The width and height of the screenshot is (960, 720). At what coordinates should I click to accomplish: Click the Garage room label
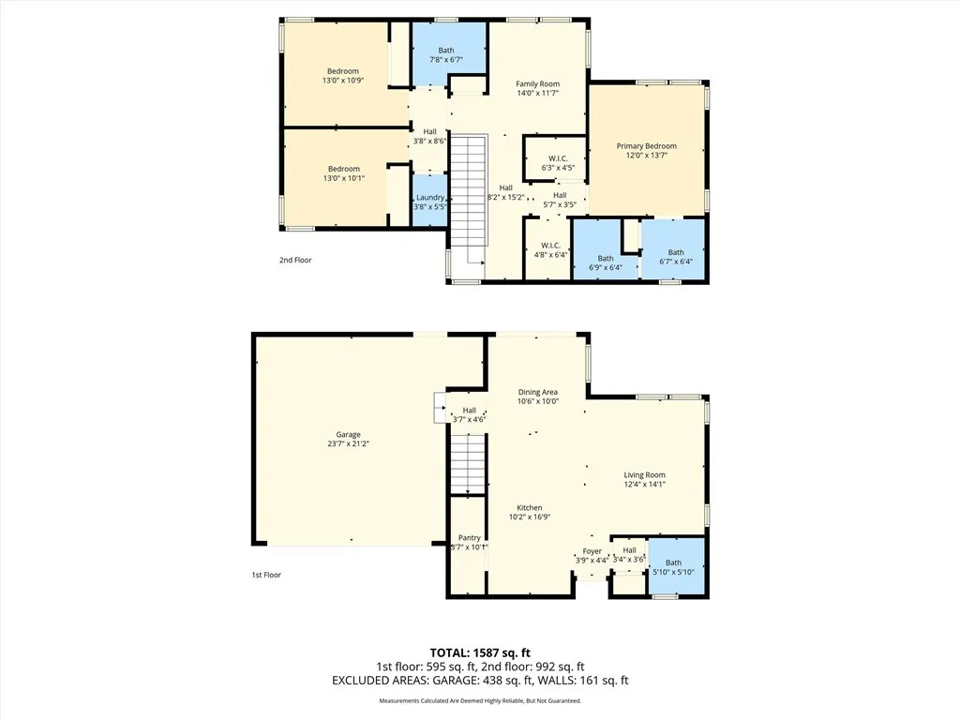coord(349,435)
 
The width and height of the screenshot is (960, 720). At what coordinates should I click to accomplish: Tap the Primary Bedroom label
coord(646,146)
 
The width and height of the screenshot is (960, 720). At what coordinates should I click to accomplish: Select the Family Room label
coord(537,83)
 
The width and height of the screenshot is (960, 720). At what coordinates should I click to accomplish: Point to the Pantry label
coord(469,538)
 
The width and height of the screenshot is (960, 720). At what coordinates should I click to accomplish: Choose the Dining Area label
coord(538,392)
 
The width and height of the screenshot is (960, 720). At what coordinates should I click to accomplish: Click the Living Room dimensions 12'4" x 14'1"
coord(644,485)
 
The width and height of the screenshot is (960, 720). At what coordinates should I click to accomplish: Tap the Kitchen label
coord(530,508)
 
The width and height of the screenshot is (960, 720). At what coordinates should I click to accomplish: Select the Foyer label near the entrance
coord(592,551)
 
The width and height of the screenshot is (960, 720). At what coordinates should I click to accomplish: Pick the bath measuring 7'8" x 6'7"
coord(445,55)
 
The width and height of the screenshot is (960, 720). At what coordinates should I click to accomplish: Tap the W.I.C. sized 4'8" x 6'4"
coord(550,250)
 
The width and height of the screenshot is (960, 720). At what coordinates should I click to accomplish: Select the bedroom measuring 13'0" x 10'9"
coord(342,76)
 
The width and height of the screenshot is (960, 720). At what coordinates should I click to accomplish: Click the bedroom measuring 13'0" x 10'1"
coord(343,173)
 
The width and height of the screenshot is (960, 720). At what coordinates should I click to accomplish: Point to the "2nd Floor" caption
coord(295,260)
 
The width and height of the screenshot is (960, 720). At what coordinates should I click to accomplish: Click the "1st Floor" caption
coord(265,575)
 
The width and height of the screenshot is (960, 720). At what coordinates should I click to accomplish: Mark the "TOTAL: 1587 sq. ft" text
coord(480,652)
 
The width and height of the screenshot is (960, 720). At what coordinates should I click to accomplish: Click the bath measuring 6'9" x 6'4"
coord(606,263)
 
